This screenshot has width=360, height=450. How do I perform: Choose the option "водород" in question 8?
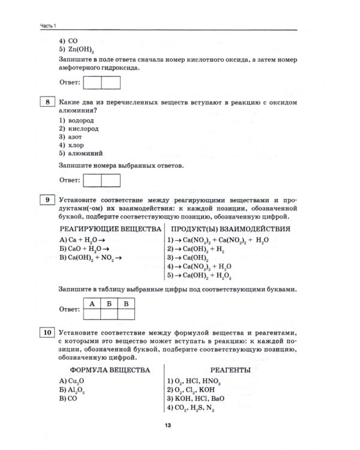coord(77,120)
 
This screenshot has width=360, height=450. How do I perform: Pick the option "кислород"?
coord(79,128)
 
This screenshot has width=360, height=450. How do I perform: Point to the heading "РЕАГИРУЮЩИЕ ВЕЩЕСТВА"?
coord(110,229)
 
